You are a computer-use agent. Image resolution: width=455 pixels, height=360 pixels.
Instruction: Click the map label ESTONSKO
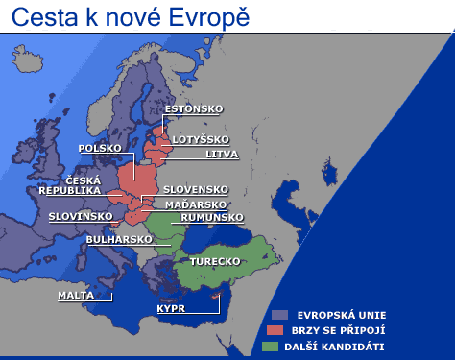tap(193, 108)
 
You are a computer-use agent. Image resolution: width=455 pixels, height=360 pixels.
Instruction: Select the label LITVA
tap(222, 154)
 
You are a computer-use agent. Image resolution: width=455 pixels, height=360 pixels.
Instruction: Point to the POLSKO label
tap(100, 149)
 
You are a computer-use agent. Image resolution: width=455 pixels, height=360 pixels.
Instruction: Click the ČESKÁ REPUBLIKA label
tap(69, 185)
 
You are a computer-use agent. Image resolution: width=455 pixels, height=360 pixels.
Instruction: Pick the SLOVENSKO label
tap(195, 189)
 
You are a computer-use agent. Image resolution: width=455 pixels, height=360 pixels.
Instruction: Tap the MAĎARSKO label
tap(195, 204)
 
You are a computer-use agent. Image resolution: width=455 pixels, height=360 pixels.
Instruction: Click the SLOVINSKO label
tap(81, 217)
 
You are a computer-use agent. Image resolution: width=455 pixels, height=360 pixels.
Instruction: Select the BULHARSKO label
tap(119, 238)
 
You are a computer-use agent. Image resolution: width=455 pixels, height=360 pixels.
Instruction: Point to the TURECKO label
tap(214, 261)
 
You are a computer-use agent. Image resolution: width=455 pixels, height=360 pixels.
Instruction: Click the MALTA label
tap(76, 295)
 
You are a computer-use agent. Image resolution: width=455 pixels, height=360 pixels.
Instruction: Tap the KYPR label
tap(171, 309)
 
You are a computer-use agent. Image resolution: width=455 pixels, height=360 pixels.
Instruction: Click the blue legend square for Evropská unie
tap(279, 314)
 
